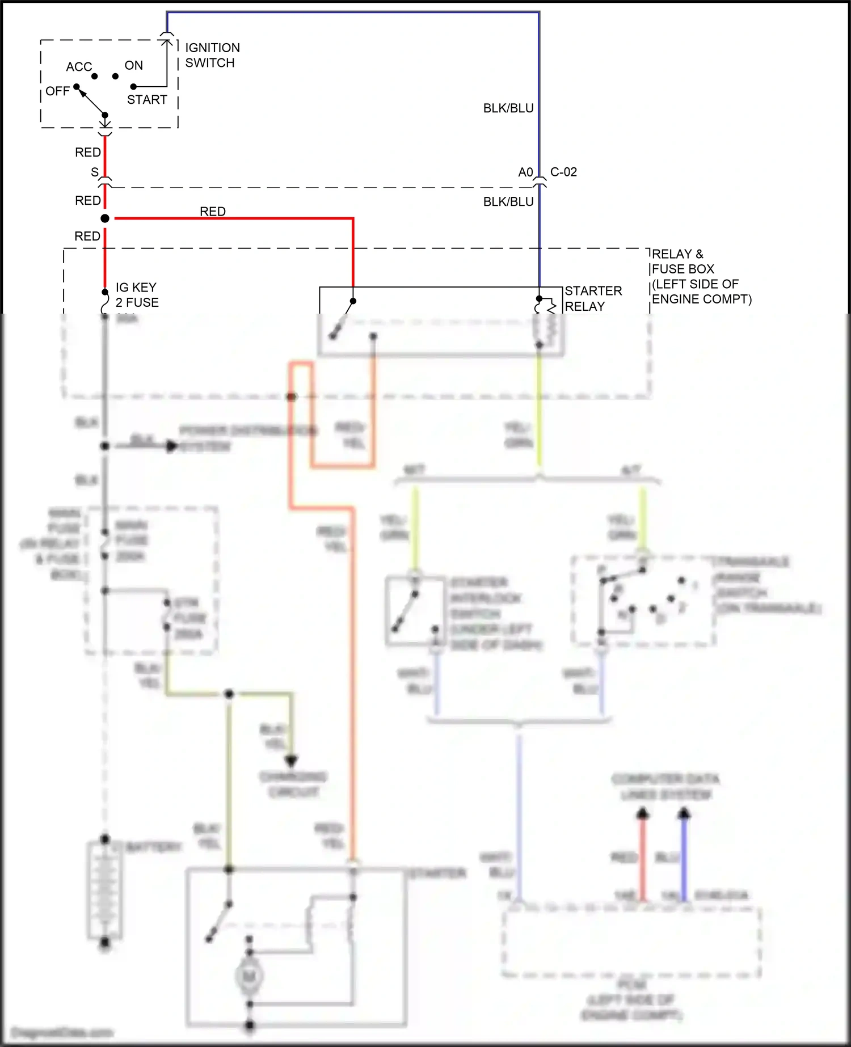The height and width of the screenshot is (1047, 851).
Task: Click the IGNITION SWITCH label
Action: click(x=212, y=55)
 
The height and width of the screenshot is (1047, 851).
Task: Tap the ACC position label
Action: click(x=79, y=67)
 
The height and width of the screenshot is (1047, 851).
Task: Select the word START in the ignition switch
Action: click(x=147, y=100)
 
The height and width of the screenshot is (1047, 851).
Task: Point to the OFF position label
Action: click(x=57, y=91)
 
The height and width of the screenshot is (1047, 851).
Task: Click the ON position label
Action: click(x=134, y=65)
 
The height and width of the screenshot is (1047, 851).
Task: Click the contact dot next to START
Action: click(x=133, y=87)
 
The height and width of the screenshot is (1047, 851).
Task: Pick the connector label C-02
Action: click(x=563, y=172)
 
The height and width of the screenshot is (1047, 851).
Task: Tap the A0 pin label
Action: click(x=525, y=172)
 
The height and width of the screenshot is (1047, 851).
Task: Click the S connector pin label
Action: click(x=95, y=172)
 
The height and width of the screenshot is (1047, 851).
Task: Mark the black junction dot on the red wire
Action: click(x=105, y=218)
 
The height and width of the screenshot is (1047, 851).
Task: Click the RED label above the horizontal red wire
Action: click(x=213, y=211)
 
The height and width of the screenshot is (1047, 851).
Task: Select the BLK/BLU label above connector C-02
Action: click(x=508, y=108)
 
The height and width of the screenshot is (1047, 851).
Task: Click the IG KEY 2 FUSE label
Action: click(x=137, y=295)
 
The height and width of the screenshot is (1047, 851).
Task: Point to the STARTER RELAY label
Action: click(x=593, y=298)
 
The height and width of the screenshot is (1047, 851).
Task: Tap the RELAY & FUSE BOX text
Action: click(x=701, y=276)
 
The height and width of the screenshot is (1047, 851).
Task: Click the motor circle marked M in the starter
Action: click(x=248, y=976)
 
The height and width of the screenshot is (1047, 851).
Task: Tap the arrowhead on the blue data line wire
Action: click(x=684, y=814)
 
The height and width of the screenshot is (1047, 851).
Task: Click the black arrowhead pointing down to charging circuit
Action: click(x=291, y=761)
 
